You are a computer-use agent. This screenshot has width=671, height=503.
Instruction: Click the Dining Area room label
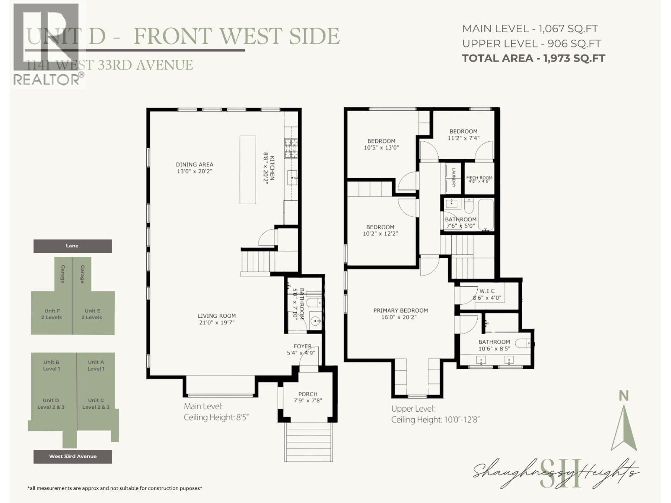[x=194, y=164]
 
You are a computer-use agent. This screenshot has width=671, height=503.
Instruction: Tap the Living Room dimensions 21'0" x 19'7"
[x=216, y=323]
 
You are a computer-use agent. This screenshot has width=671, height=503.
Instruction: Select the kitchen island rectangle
[x=247, y=170]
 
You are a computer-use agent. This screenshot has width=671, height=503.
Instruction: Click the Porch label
[x=308, y=394]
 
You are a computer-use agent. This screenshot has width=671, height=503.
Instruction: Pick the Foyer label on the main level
[x=302, y=346]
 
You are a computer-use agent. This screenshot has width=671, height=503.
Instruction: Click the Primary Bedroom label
[x=401, y=311]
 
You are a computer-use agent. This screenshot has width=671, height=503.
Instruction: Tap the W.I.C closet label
[x=487, y=291]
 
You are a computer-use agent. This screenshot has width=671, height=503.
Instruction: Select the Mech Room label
[x=479, y=178]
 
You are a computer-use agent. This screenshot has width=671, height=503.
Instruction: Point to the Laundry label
[x=454, y=178]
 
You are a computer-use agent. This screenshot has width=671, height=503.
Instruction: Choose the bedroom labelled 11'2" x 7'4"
[x=463, y=135]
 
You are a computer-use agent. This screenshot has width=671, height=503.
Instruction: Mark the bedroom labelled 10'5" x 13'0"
[x=381, y=144]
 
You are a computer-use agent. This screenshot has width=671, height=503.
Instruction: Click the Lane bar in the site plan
[x=73, y=246]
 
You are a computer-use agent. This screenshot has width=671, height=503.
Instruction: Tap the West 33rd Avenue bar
[x=73, y=456]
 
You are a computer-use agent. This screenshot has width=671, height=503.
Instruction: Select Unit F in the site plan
[x=52, y=314]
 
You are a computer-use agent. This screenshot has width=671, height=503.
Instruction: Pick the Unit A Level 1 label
[x=96, y=366]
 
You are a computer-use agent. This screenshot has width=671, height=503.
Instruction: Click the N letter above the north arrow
[x=624, y=396]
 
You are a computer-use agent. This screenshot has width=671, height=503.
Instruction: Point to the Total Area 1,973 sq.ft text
[x=533, y=58]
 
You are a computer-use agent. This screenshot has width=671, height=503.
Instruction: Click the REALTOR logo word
[x=47, y=79]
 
